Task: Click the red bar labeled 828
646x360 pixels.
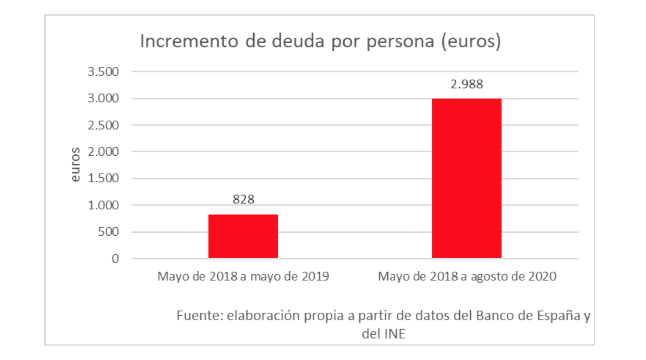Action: pyautogui.click(x=243, y=236)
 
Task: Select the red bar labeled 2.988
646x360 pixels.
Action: pyautogui.click(x=467, y=178)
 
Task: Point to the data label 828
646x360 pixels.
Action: pyautogui.click(x=243, y=199)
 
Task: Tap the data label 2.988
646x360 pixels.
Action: pyautogui.click(x=467, y=84)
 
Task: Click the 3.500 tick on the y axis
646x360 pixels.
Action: pyautogui.click(x=103, y=72)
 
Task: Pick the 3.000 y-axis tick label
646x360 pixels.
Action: pyautogui.click(x=103, y=98)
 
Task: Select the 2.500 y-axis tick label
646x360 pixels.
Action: pyautogui.click(x=103, y=125)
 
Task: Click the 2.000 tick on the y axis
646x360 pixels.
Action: pyautogui.click(x=103, y=152)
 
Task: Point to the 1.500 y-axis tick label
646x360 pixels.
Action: pyautogui.click(x=103, y=178)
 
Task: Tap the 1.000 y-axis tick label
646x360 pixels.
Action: pyautogui.click(x=103, y=205)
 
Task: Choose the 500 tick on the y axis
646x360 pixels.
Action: pyautogui.click(x=108, y=232)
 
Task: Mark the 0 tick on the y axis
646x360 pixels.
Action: pyautogui.click(x=115, y=258)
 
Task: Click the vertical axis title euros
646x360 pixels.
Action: pyautogui.click(x=75, y=164)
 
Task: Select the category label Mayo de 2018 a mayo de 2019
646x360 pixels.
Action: pyautogui.click(x=243, y=276)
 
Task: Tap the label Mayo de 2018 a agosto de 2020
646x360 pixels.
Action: pyautogui.click(x=467, y=276)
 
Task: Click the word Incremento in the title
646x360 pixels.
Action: pyautogui.click(x=189, y=41)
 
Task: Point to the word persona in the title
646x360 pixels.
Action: pyautogui.click(x=400, y=41)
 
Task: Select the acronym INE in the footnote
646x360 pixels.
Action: pyautogui.click(x=395, y=334)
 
